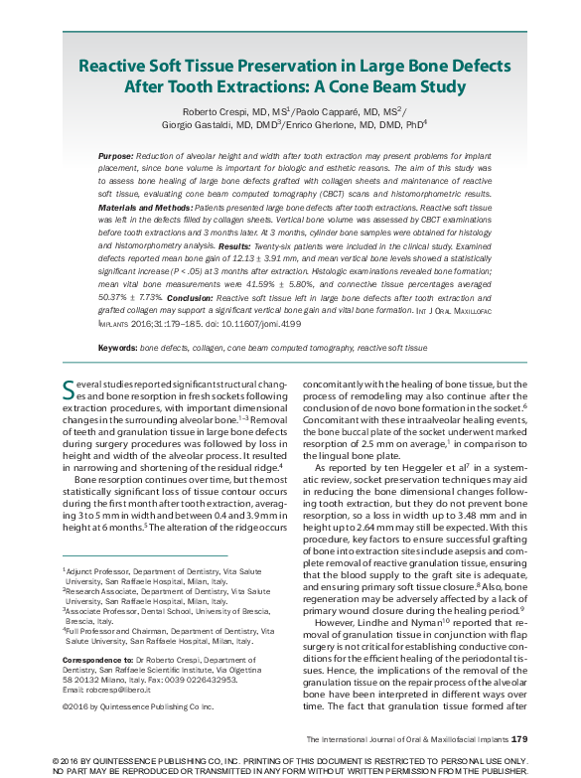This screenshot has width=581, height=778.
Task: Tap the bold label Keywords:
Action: tap(118, 349)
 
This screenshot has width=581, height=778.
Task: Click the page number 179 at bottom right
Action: tap(518, 739)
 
